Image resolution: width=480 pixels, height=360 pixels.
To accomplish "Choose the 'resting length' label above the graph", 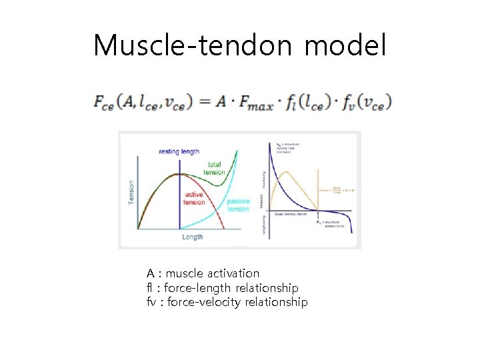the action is pyautogui.click(x=179, y=152).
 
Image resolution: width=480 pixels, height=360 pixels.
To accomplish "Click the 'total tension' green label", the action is pyautogui.click(x=215, y=168).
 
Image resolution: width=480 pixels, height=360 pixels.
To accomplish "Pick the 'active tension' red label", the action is pyautogui.click(x=195, y=199).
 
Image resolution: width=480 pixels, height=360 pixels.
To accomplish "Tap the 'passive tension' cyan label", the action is pyautogui.click(x=238, y=205).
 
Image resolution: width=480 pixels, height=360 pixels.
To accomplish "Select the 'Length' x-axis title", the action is pyautogui.click(x=192, y=236).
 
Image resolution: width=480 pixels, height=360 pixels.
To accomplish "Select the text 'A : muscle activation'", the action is pyautogui.click(x=203, y=273).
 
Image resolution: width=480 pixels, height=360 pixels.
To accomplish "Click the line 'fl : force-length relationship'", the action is pyautogui.click(x=223, y=288).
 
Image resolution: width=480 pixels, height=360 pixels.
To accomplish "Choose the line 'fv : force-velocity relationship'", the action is pyautogui.click(x=227, y=303).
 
